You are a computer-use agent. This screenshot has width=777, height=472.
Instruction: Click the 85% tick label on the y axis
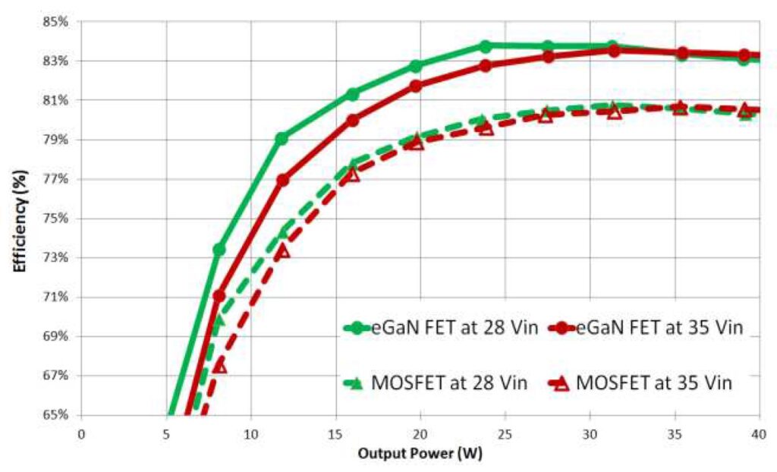click(57, 21)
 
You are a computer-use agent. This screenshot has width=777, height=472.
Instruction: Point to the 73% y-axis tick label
click(57, 257)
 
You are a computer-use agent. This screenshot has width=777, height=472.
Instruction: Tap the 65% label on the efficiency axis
click(57, 415)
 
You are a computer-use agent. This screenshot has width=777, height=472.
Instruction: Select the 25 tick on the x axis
click(505, 433)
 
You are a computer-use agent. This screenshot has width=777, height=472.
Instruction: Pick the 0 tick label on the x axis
click(82, 433)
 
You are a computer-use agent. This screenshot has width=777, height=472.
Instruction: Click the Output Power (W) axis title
click(420, 454)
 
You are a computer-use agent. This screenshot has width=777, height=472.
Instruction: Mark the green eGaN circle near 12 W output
click(282, 138)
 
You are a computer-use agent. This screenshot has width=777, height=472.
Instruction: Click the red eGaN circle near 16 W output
click(352, 120)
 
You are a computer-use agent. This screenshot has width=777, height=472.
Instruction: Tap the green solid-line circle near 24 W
click(485, 46)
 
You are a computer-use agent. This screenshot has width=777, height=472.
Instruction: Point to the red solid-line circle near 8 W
click(219, 296)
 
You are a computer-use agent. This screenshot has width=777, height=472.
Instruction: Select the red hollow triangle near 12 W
click(282, 250)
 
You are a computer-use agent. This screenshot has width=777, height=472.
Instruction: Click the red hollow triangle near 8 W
click(219, 366)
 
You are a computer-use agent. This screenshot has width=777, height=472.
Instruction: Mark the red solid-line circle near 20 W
click(416, 86)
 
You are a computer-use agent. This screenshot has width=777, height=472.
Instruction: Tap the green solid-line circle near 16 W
click(352, 94)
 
